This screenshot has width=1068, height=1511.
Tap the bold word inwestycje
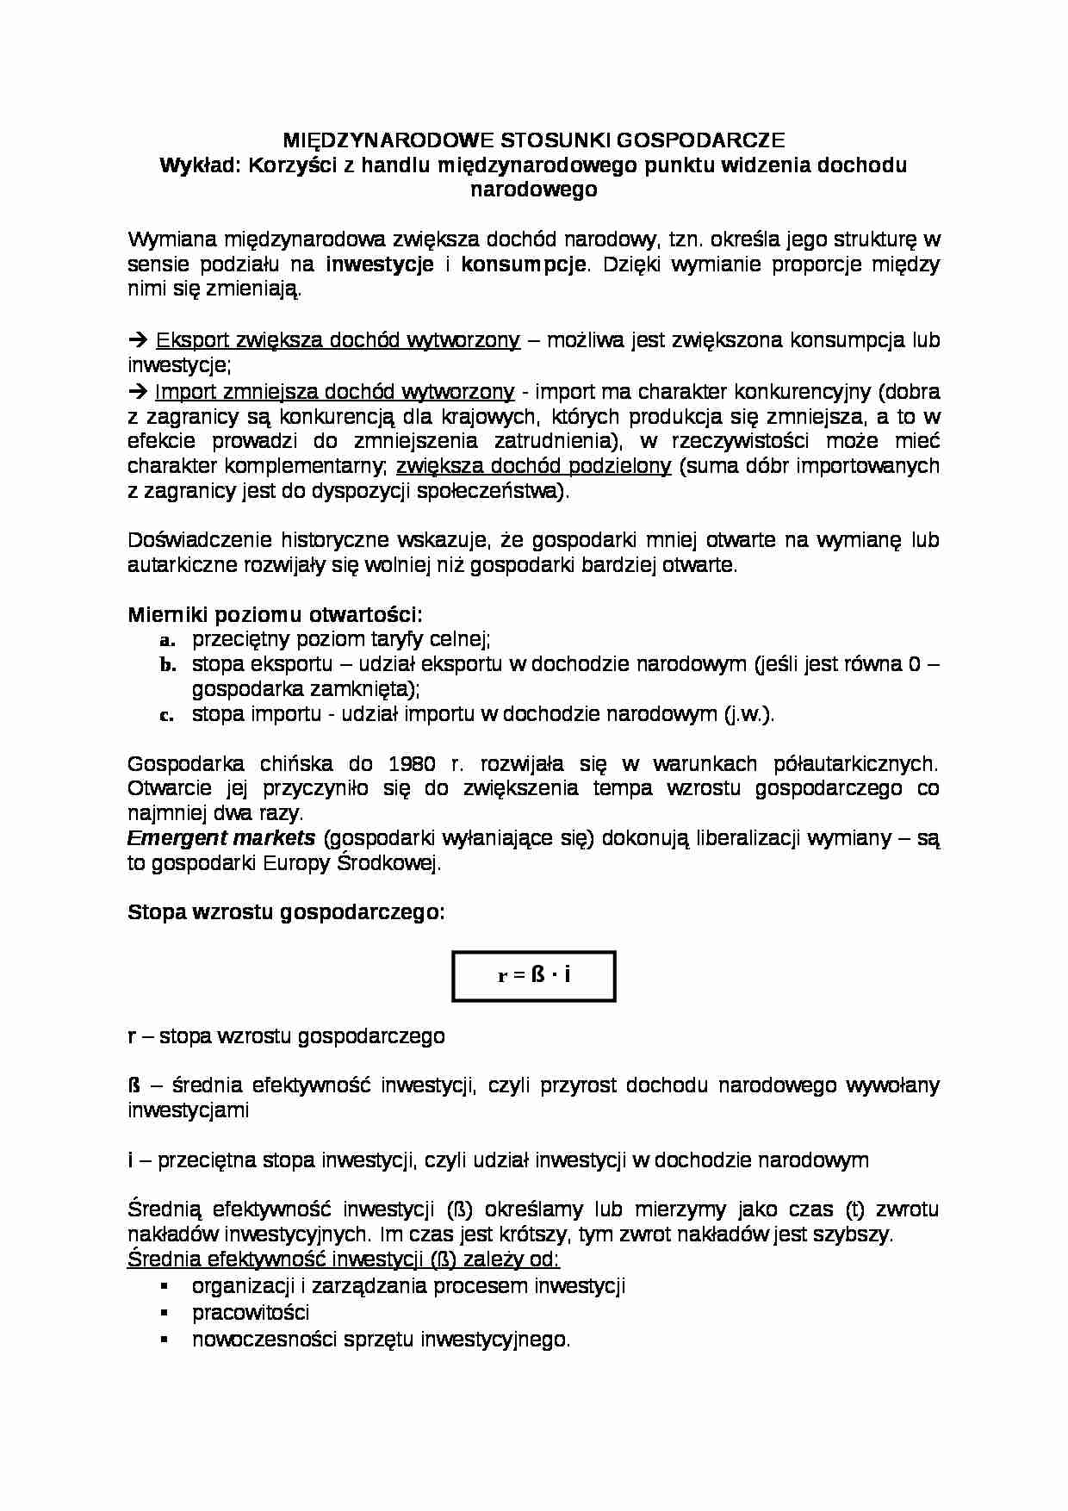click(x=380, y=264)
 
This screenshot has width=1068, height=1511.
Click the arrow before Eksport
click(x=138, y=340)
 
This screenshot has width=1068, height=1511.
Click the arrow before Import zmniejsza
click(x=138, y=392)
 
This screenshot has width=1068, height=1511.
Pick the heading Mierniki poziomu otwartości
click(x=275, y=614)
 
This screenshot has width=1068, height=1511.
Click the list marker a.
click(x=167, y=640)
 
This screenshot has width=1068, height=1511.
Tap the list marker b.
click(x=167, y=665)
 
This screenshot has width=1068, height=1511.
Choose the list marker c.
click(x=167, y=715)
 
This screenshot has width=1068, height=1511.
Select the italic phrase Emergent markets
click(x=221, y=838)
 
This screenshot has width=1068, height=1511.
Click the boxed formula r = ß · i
click(x=534, y=976)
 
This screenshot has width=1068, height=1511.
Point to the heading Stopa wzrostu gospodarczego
click(x=286, y=912)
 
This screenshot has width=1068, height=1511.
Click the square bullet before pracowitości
click(x=164, y=1313)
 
